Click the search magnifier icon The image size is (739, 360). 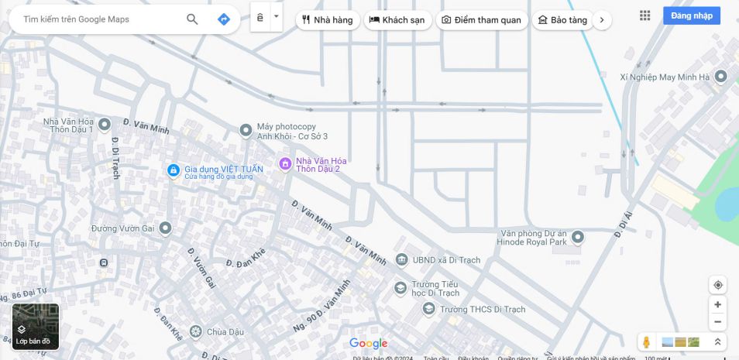coord(192,19)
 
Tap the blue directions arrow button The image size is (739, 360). coord(224,19)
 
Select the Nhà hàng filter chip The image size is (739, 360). coord(328,20)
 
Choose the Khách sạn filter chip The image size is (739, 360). coord(397,20)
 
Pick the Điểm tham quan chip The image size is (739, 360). coord(482,20)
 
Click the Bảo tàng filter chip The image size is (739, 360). coord(562,20)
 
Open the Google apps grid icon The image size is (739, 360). coord(645,15)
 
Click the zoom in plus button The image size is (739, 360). coord(718,305)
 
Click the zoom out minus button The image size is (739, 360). coord(718,322)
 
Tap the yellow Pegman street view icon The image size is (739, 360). coord(646,342)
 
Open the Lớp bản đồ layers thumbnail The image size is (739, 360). coord(36,326)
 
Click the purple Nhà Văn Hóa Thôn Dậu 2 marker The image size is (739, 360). coord(285,164)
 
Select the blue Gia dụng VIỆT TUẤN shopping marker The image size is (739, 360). coord(174,170)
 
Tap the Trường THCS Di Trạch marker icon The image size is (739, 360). coord(428,309)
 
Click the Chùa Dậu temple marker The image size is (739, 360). coord(195,332)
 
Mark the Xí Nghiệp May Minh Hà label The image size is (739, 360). coord(665,77)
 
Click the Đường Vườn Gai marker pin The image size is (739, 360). coord(165,228)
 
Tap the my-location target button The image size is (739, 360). coord(718,285)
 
